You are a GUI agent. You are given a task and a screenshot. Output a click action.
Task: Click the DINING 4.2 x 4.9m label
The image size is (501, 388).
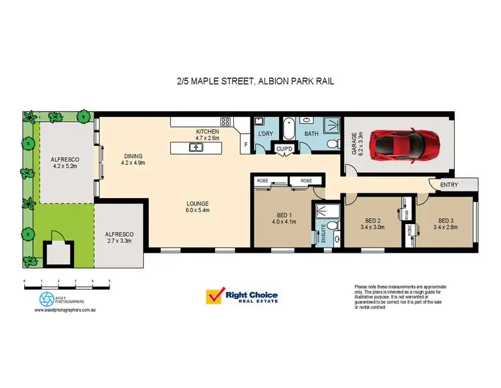pos(133,159)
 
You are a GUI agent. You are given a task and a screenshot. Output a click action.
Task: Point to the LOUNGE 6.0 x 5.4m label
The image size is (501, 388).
pos(198,207)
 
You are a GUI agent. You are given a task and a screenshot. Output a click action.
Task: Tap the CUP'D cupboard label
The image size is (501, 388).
pos(285,148)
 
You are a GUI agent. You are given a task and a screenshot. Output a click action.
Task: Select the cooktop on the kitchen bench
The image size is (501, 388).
pos(225,122)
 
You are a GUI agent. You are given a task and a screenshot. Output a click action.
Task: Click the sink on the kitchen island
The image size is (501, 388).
pos(192,147)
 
